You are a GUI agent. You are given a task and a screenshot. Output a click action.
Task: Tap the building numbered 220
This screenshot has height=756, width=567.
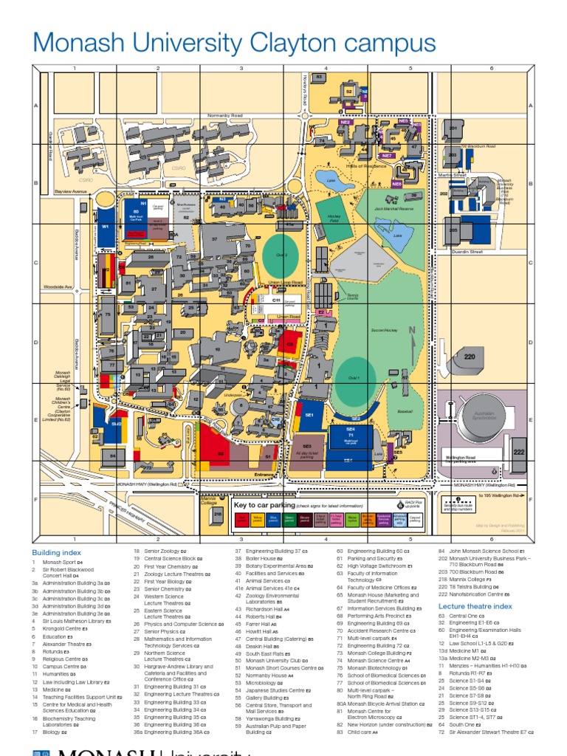[470, 357]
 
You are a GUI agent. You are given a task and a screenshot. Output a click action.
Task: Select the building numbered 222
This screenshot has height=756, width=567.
[518, 452]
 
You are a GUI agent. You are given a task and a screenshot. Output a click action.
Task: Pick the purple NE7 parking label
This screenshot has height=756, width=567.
[387, 157]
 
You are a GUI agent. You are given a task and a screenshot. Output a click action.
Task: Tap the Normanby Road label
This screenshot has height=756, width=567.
[224, 116]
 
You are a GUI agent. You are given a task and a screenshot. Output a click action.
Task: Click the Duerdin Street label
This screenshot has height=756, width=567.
[466, 252]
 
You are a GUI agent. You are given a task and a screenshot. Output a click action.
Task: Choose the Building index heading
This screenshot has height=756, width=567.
[56, 552]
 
